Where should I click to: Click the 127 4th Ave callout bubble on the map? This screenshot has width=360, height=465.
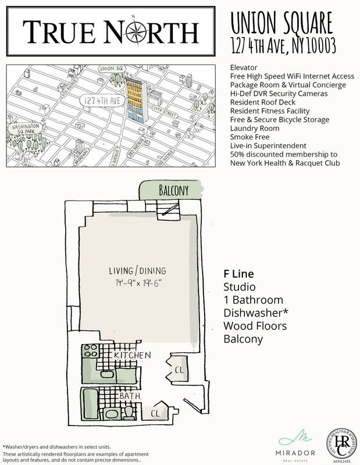98,99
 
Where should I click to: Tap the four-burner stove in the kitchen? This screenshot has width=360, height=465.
91,352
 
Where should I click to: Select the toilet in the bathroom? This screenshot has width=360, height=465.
129,412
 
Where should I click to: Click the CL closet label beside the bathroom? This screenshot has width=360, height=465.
155,413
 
